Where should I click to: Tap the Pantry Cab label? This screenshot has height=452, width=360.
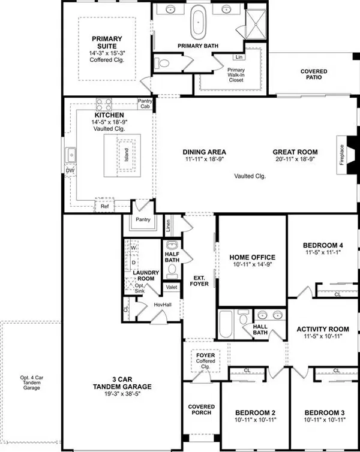pos(145,104)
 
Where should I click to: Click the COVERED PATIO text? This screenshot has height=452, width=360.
pos(314,74)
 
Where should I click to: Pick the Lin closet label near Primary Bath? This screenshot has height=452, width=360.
pos(239,58)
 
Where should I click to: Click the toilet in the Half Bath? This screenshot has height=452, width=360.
pos(172,270)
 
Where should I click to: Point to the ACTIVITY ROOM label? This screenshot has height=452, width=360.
pos(323,329)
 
